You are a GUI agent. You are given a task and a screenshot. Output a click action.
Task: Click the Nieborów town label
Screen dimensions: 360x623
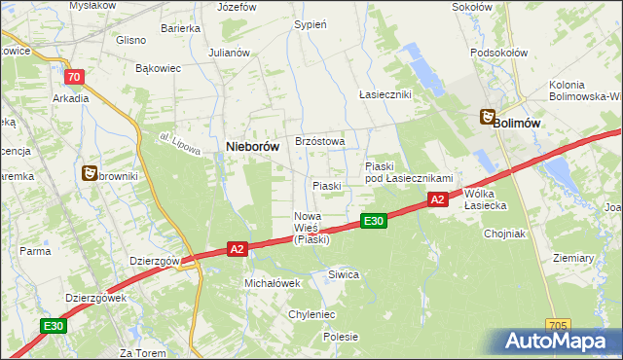pos(253,146)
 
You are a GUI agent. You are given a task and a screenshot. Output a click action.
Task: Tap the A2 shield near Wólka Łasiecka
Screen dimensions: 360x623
pos(437,199)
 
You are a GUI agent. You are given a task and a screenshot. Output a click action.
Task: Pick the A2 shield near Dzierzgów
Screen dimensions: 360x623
pos(237,249)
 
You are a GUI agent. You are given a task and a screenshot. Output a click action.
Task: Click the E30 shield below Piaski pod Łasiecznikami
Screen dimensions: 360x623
pos(374,221)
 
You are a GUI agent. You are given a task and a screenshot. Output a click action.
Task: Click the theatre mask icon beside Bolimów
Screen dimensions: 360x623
pos(486,118)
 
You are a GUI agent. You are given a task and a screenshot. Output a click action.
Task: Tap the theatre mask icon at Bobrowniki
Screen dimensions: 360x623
pos(90,172)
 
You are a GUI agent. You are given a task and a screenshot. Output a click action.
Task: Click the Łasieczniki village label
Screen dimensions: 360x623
pos(385,94)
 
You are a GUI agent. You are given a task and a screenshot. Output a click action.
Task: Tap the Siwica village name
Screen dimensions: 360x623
pos(344,274)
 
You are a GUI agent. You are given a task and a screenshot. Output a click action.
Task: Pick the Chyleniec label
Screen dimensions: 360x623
pos(311,314)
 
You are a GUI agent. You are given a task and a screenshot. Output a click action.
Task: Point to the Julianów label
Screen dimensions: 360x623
pos(230,53)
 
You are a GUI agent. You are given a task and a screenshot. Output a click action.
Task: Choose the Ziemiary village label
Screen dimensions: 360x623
pos(572,258)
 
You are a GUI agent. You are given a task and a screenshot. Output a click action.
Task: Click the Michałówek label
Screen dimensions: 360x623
pos(272,282)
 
